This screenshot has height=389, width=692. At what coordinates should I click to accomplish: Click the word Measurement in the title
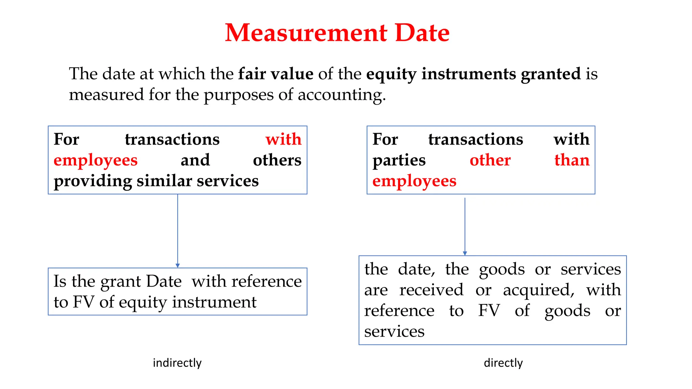(306, 33)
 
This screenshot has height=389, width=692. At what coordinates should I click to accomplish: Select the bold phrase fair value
(276, 74)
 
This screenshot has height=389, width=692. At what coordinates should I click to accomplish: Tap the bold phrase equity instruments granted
(473, 74)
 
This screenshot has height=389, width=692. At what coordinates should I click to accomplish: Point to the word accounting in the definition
(341, 95)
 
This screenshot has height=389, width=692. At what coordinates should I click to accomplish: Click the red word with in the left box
(283, 139)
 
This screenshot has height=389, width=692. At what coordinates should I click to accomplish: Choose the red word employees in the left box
(96, 160)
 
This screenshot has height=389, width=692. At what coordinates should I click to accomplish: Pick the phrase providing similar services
(156, 181)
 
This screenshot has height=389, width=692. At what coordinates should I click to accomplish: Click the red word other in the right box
(490, 160)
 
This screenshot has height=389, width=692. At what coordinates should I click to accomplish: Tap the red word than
(572, 160)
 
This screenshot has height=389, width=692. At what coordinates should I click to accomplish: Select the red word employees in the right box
(414, 181)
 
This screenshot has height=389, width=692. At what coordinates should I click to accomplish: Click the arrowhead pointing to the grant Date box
(178, 265)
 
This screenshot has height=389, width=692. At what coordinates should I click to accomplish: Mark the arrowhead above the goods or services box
(465, 253)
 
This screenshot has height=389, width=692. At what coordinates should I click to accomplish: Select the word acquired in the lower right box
(539, 290)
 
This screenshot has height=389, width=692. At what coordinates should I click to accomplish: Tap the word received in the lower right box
(431, 290)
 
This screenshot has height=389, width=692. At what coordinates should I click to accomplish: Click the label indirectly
(177, 363)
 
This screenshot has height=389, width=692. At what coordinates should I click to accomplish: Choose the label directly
(503, 363)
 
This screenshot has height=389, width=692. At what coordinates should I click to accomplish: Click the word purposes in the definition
(238, 95)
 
